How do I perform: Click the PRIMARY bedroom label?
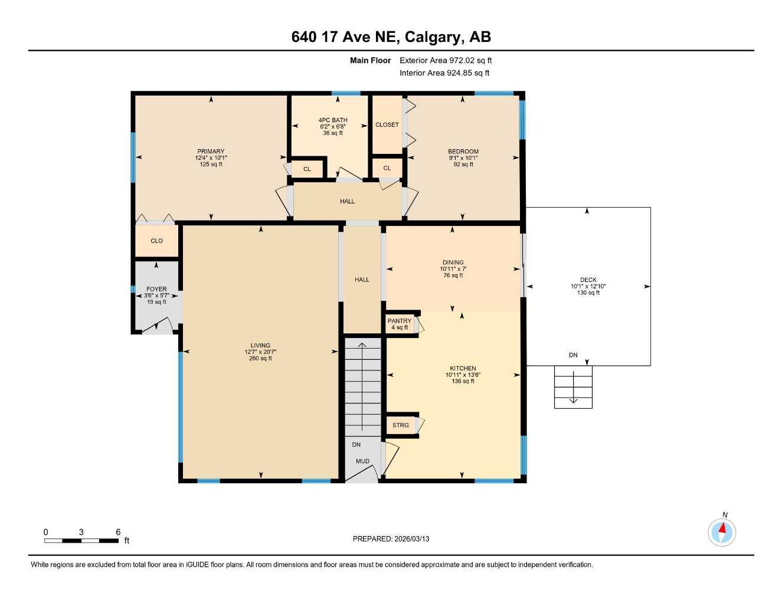(211, 152)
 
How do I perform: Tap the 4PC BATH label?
(333, 120)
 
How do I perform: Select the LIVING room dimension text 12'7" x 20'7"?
(260, 352)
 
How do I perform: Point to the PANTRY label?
(400, 321)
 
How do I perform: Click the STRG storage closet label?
(400, 425)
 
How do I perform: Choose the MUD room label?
(362, 461)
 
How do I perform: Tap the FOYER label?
(156, 289)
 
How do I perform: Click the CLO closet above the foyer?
(156, 241)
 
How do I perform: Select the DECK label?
(588, 280)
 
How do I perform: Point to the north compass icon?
(722, 532)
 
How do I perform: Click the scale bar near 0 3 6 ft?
(81, 540)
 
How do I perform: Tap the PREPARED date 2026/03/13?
(391, 539)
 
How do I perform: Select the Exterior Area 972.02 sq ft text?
(446, 60)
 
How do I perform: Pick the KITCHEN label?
(463, 369)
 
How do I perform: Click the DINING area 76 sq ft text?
(453, 275)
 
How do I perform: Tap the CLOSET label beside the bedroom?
(387, 125)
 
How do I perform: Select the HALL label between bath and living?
(347, 202)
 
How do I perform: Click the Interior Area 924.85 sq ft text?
(444, 73)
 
